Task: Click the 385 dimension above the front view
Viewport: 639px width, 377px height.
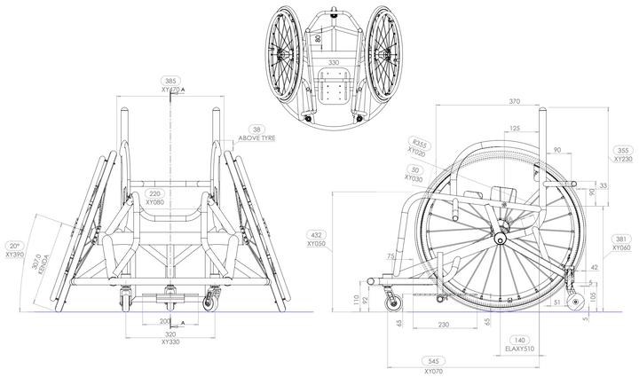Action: [170, 81]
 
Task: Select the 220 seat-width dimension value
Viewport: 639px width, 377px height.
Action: [156, 192]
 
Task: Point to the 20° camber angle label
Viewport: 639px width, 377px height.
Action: [13, 245]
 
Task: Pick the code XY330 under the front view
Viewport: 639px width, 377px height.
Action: [170, 342]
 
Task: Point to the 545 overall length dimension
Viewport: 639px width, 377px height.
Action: [432, 362]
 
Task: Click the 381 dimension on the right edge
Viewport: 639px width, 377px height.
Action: [623, 239]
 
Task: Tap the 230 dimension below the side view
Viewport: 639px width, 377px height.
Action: [442, 325]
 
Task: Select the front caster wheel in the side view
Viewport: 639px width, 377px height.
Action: [390, 304]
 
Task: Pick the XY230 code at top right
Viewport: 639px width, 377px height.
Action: [623, 160]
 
